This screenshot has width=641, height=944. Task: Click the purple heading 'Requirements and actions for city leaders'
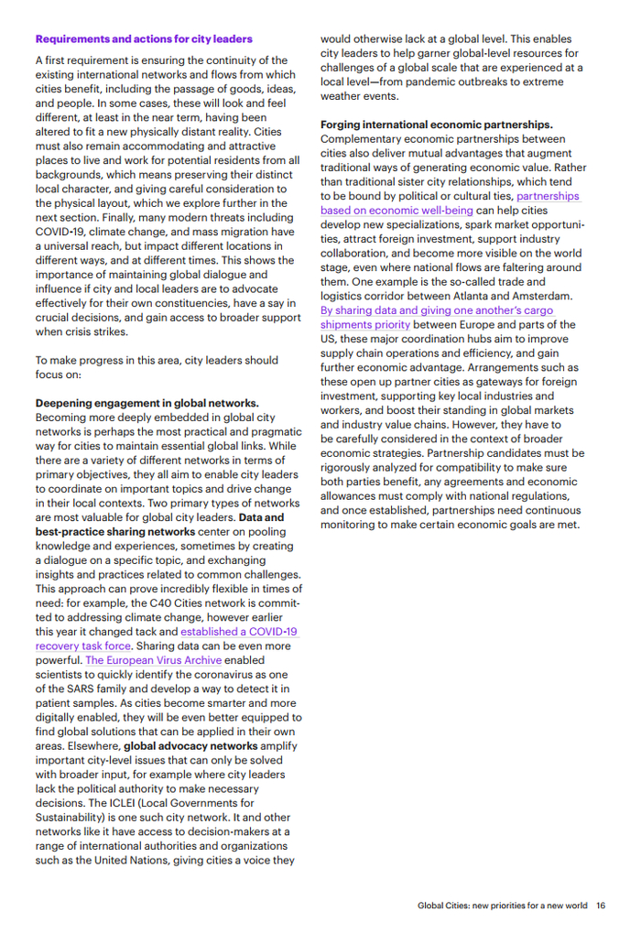coord(144,39)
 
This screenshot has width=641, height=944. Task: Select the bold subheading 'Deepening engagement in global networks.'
coord(147,403)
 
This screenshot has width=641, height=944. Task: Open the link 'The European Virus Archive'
coord(154,659)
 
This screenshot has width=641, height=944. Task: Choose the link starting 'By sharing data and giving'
coord(437,310)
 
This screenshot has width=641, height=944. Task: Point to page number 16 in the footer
coord(601,906)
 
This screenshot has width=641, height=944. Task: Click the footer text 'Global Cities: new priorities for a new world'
coord(503,906)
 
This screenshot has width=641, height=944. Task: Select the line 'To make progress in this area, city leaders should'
coord(157,360)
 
